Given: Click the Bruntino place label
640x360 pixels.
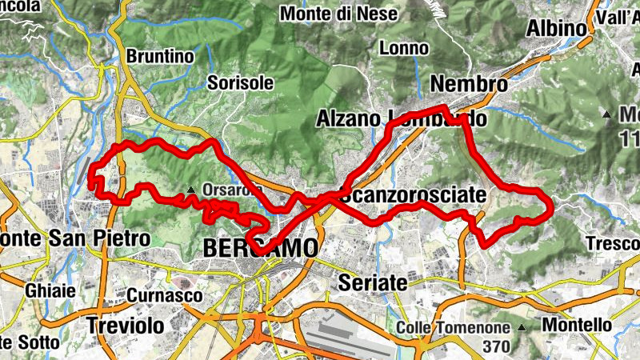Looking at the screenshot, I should (x=161, y=57).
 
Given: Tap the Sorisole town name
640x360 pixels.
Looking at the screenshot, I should (x=240, y=82).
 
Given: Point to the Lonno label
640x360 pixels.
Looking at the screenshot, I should (x=404, y=48).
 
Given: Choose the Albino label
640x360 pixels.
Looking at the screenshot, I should (x=556, y=29).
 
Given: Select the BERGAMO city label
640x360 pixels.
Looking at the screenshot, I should (x=260, y=249).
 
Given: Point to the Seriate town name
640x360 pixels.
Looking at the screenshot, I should (x=372, y=283).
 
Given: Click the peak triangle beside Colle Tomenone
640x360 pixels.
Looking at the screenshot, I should (x=522, y=328).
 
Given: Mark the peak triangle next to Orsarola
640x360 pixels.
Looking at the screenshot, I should (x=191, y=190).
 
